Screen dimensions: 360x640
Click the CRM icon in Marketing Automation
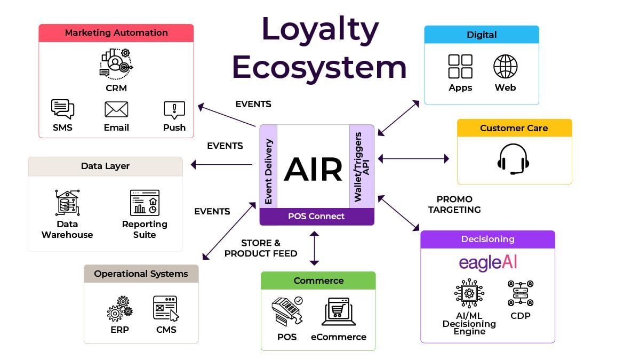[116, 63]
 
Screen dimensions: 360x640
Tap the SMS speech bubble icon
[62, 109]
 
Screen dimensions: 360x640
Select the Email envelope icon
[116, 109]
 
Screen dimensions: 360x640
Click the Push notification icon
[174, 110]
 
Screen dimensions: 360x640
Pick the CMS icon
[166, 309]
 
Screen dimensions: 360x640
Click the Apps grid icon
[460, 67]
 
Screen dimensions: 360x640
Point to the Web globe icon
[505, 67]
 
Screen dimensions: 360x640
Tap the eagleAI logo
[488, 263]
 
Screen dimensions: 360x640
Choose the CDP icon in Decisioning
[521, 293]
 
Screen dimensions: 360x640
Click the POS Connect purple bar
[316, 217]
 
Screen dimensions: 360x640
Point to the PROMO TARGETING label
[454, 204]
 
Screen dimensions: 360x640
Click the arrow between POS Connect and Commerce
[314, 248]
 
